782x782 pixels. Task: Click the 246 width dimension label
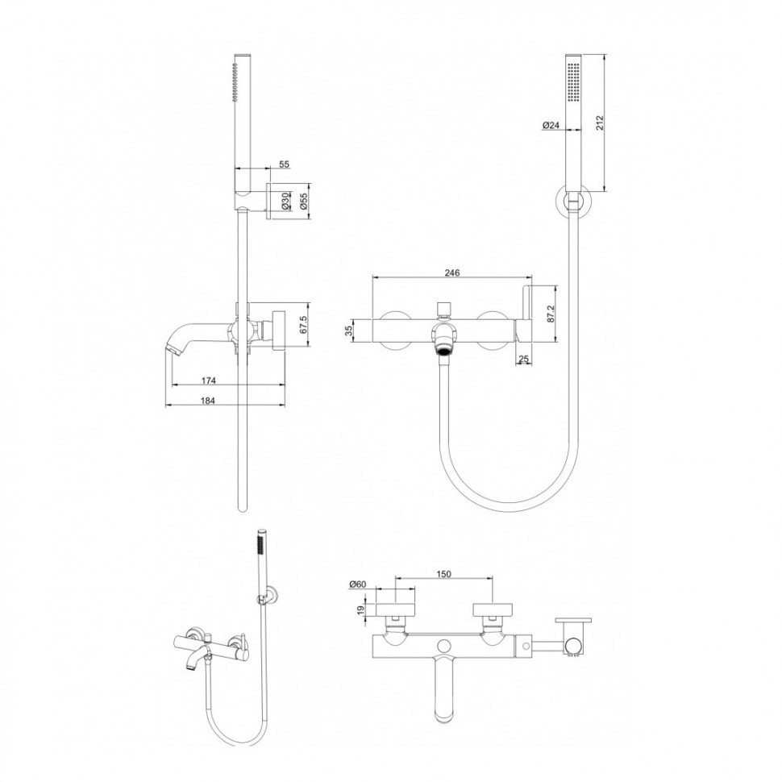(451, 272)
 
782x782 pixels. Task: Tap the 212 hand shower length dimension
(600, 123)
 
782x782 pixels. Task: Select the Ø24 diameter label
(550, 125)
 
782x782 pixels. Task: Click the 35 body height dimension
(350, 331)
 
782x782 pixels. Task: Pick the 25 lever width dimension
(523, 358)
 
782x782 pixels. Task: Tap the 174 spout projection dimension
(209, 381)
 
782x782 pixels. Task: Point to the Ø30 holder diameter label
(285, 200)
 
